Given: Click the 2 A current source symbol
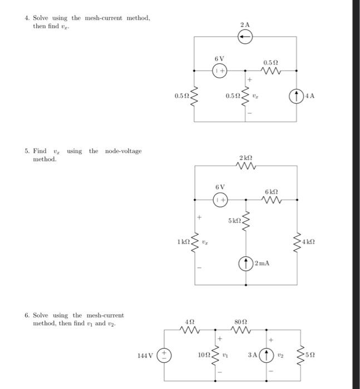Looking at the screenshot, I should coord(246,37).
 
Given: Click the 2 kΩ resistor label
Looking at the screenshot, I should coord(245,158).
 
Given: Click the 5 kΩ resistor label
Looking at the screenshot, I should coord(234,221).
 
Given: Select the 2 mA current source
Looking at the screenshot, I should coord(246,263).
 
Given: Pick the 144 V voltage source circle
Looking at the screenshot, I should coord(165,355).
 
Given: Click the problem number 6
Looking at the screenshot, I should coord(27,315).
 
